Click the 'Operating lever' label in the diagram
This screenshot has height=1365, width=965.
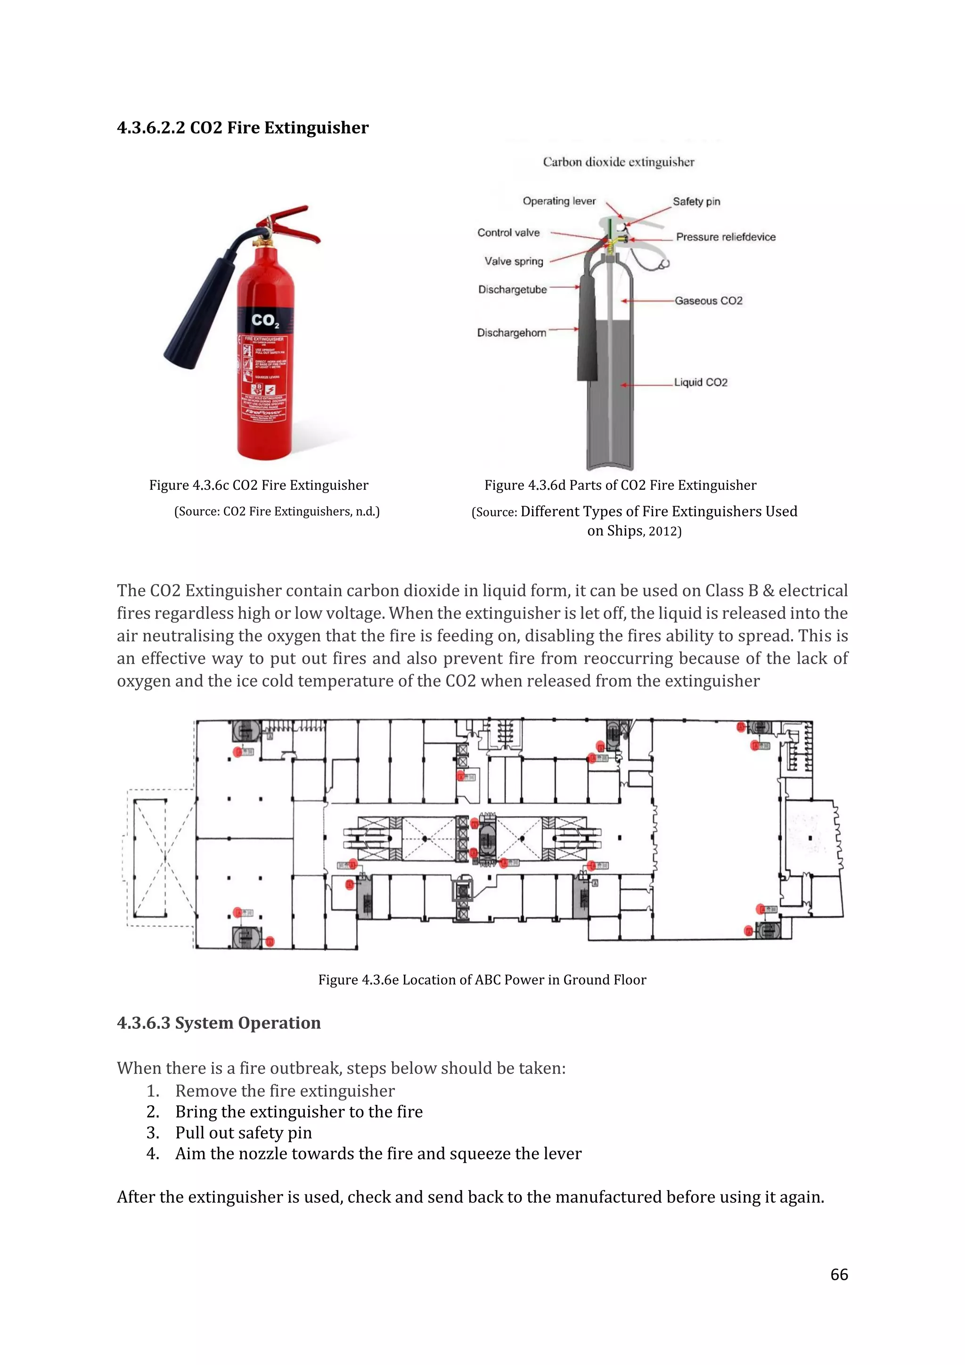click(x=558, y=201)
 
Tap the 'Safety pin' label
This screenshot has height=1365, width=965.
click(x=696, y=202)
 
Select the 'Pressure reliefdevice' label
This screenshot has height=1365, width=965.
click(x=726, y=237)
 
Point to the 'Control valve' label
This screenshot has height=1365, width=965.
click(x=508, y=232)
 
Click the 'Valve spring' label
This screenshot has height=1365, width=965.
click(x=514, y=261)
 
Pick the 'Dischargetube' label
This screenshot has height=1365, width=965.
click(x=512, y=289)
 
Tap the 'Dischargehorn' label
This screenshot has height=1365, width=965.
click(x=511, y=332)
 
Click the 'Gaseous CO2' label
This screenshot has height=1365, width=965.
click(x=708, y=301)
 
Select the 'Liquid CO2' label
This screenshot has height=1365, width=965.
click(x=701, y=382)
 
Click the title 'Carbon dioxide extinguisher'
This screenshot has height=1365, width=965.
click(x=618, y=162)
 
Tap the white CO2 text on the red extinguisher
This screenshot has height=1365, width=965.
click(x=264, y=321)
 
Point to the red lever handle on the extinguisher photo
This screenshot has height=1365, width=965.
click(x=297, y=223)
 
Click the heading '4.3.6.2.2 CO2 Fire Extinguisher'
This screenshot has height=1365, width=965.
click(x=243, y=128)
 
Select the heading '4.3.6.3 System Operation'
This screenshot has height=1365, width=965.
click(x=219, y=1022)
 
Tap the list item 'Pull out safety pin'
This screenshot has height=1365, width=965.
click(x=243, y=1133)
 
